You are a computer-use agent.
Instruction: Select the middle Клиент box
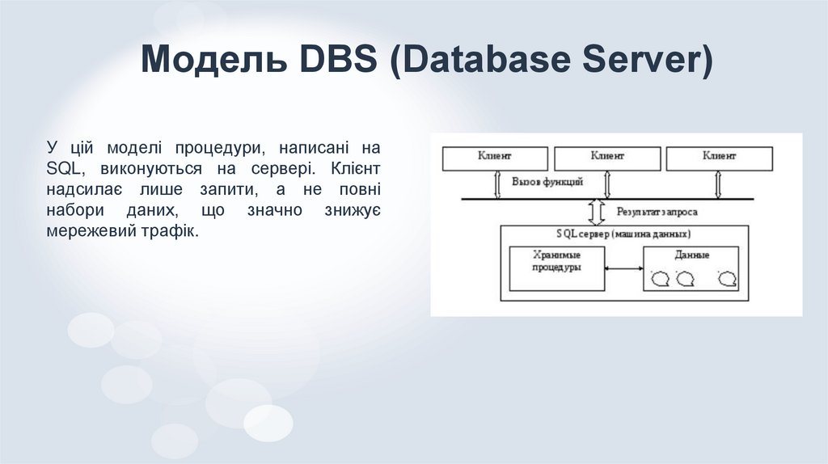point(607,158)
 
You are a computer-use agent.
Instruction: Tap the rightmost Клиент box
point(719,158)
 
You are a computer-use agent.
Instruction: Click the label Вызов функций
point(547,182)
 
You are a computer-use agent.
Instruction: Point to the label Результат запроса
point(657,212)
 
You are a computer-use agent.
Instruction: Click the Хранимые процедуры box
point(557,268)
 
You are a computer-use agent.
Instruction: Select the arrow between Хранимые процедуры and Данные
point(624,269)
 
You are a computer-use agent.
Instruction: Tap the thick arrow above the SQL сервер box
point(598,212)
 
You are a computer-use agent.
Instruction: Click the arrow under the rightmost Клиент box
point(718,184)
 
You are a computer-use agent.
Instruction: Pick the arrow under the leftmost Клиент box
point(499,184)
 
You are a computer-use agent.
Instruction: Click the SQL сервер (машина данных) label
point(623,234)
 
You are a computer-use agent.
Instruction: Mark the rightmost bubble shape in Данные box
point(729,279)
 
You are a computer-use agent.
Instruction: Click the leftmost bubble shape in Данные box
point(661,279)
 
